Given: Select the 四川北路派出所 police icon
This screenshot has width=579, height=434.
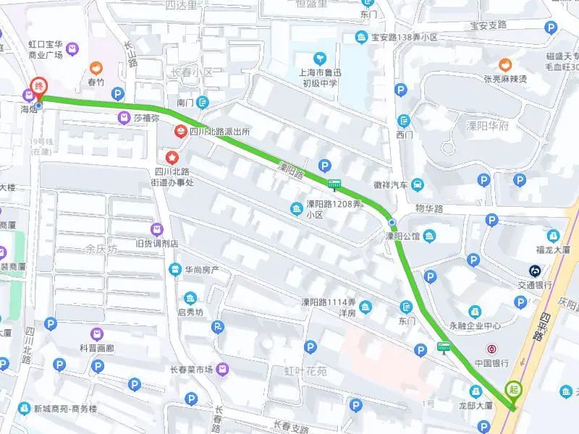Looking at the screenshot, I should tap(179, 132).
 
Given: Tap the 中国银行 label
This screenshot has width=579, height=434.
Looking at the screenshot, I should tap(492, 362).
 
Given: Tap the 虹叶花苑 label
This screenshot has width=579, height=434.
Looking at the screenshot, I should tap(305, 371).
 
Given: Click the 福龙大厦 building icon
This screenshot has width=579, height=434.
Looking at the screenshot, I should tap(554, 236).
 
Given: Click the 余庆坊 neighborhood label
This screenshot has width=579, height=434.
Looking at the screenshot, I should tap(101, 250).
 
